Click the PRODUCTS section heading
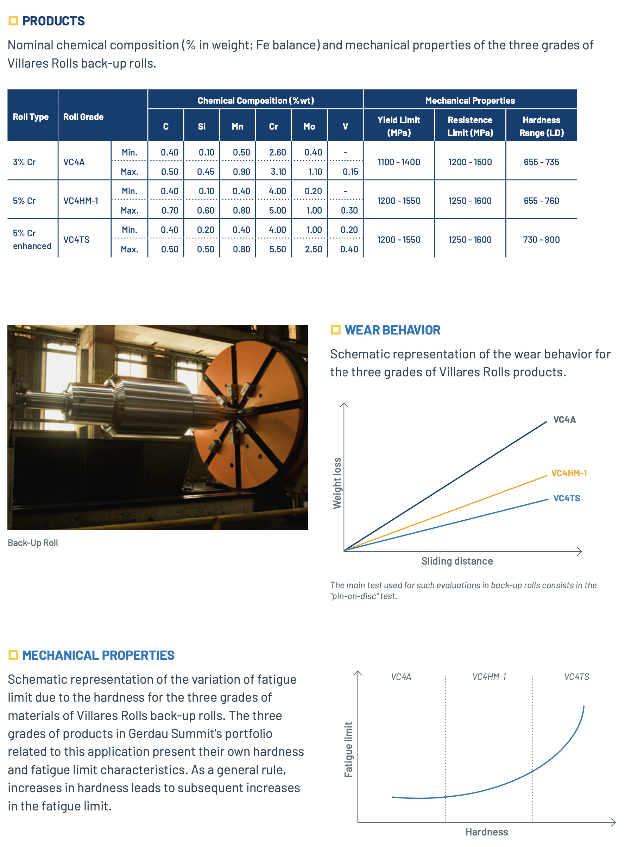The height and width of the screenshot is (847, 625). coord(53,21)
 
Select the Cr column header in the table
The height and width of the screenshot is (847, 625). coord(273,126)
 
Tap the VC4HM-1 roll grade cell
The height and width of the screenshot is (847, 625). coord(81,201)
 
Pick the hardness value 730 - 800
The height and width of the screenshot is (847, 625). coord(541,240)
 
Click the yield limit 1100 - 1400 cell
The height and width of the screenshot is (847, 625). coord(398,162)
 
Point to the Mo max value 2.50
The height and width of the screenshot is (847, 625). coord(314,249)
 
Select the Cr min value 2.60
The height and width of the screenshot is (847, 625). coord(277,152)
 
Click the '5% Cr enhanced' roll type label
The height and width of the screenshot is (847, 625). coord(32,240)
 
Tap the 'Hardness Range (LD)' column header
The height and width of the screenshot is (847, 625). coord(541,126)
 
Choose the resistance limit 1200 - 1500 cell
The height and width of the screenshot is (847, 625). coord(470,162)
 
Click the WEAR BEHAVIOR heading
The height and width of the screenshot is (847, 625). coord(392,330)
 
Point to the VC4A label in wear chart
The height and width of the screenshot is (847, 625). coord(564,419)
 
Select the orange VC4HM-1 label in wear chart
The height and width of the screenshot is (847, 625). coord(569,473)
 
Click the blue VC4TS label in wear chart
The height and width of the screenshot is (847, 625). coord(566,498)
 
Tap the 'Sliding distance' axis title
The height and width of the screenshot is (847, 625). coord(457,561)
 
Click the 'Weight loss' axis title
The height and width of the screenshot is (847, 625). coord(337,483)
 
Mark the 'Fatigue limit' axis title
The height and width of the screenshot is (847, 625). coord(348,749)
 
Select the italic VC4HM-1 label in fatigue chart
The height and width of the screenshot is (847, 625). coord(489,677)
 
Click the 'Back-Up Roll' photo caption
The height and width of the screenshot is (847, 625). coord(33,543)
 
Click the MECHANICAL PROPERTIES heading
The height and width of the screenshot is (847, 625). coord(99,655)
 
